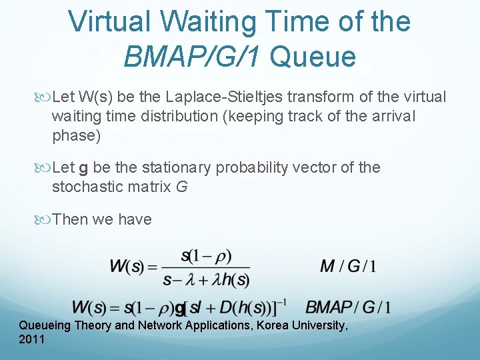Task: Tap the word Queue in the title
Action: pyautogui.click(x=313, y=57)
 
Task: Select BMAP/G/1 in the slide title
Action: pyautogui.click(x=193, y=57)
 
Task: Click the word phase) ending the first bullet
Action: pyautogui.click(x=76, y=136)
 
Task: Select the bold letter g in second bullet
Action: pyautogui.click(x=83, y=168)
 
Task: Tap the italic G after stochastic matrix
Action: pyautogui.click(x=181, y=187)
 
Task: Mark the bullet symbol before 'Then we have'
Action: pyautogui.click(x=44, y=219)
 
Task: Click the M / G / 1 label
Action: pyautogui.click(x=348, y=267)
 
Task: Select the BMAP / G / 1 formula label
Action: pyautogui.click(x=348, y=307)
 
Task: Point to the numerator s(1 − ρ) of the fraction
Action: pyautogui.click(x=206, y=256)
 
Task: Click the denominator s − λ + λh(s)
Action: pyautogui.click(x=206, y=279)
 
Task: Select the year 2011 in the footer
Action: pyautogui.click(x=32, y=340)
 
